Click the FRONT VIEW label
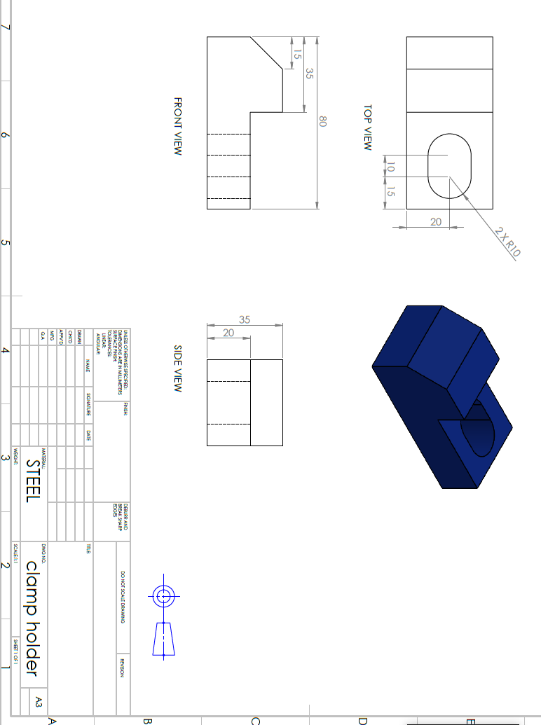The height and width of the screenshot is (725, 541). pyautogui.click(x=177, y=127)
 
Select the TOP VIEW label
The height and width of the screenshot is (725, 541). pyautogui.click(x=367, y=127)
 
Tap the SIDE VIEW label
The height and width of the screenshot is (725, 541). pyautogui.click(x=177, y=368)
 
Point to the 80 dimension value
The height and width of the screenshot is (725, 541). pyautogui.click(x=323, y=121)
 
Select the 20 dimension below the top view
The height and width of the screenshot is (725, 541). pyautogui.click(x=435, y=221)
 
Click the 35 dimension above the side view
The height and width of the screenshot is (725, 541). pyautogui.click(x=245, y=319)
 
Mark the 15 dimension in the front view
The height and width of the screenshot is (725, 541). pyautogui.click(x=297, y=54)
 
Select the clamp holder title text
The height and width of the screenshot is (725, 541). pyautogui.click(x=32, y=618)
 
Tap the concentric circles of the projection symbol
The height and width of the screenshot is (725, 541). pyautogui.click(x=164, y=597)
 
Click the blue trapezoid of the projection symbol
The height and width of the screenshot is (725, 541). pyautogui.click(x=163, y=638)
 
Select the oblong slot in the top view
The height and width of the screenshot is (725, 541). pyautogui.click(x=449, y=166)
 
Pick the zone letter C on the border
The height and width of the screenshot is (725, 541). pyautogui.click(x=255, y=720)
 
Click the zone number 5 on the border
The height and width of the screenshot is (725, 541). pyautogui.click(x=6, y=243)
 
